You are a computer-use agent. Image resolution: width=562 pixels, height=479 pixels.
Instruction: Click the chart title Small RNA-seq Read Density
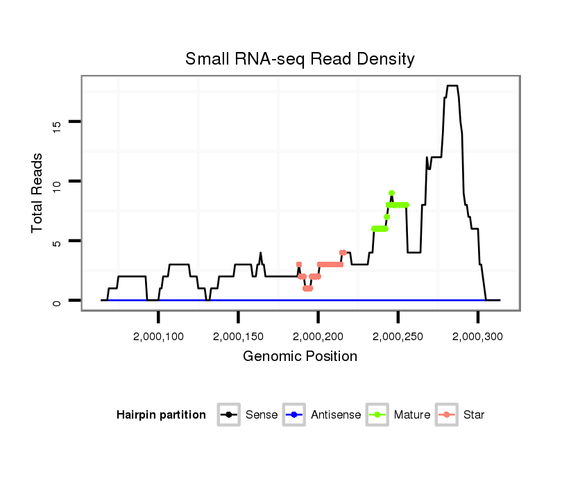(300, 59)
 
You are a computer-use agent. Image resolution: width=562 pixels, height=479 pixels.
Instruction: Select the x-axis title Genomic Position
(300, 357)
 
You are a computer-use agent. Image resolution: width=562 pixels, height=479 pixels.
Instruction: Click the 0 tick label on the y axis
(58, 301)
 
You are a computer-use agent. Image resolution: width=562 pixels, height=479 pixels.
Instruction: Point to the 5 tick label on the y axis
(58, 241)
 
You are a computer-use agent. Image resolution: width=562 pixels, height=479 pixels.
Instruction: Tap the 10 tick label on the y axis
(58, 181)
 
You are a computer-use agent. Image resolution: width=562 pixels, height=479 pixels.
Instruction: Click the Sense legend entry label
(262, 415)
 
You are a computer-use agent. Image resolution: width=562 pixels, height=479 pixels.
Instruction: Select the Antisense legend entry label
(336, 415)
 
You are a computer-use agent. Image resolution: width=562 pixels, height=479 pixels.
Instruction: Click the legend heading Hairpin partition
(161, 415)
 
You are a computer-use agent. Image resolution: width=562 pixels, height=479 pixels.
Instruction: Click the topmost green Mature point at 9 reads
(391, 193)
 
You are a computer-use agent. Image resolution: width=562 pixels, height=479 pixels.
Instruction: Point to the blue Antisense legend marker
(295, 415)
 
